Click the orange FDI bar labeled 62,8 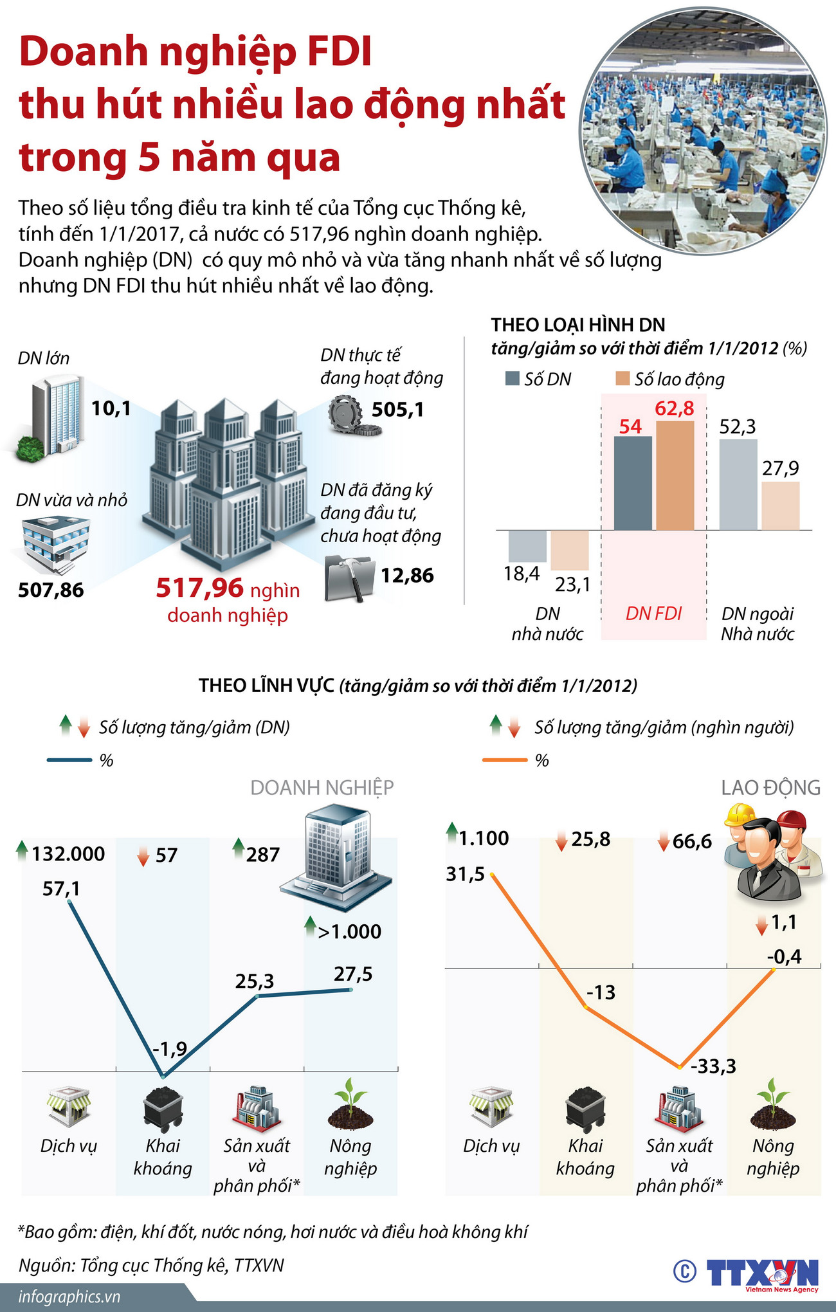675,475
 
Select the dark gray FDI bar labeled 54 633,483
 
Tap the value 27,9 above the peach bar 780,468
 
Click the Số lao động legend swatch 622,379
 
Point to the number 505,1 397,410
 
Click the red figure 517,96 200,588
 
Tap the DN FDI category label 653,614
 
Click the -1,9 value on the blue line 170,1049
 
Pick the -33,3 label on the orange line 713,1067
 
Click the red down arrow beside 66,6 664,842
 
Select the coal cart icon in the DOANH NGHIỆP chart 163,1109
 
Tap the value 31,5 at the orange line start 465,875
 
